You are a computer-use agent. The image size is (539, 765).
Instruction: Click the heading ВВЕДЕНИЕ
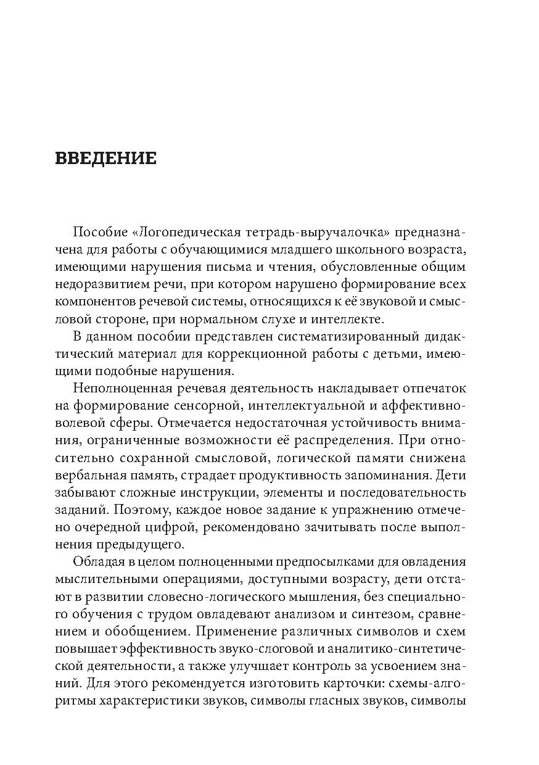(x=105, y=159)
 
